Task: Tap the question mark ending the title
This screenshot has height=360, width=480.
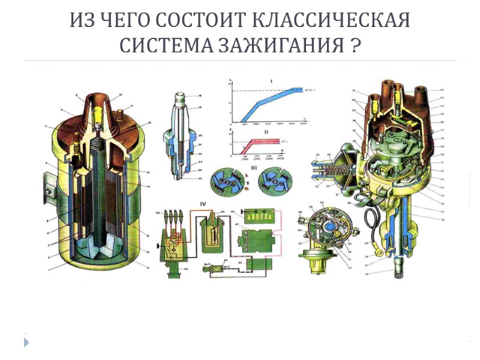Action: tap(355, 45)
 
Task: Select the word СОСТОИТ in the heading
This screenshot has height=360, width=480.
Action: tap(199, 20)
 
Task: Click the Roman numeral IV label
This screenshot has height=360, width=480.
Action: tap(203, 205)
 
